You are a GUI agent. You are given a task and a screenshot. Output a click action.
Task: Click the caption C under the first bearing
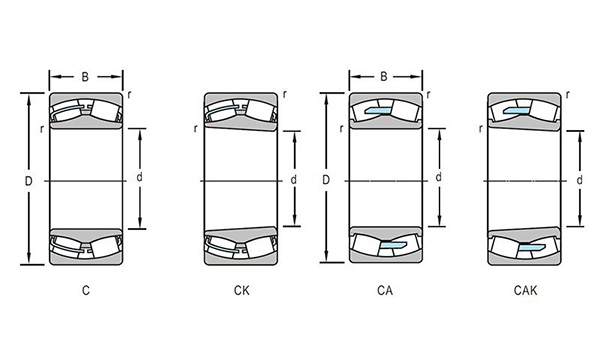pyautogui.click(x=86, y=290)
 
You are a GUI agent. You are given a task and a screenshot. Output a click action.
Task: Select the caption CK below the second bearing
pyautogui.click(x=241, y=290)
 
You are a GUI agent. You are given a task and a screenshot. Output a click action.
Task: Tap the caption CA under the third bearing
pyautogui.click(x=385, y=290)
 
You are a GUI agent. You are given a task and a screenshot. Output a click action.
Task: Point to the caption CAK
pyautogui.click(x=525, y=290)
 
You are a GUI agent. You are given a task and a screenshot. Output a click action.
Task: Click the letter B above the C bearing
pyautogui.click(x=85, y=77)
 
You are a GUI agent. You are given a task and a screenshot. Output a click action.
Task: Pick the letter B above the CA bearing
pyautogui.click(x=384, y=77)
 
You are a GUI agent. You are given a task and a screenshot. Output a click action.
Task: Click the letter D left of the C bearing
pyautogui.click(x=29, y=181)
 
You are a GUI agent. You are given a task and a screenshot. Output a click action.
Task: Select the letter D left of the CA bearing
pyautogui.click(x=326, y=179)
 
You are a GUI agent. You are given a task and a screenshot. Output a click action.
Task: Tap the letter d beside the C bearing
pyautogui.click(x=139, y=177)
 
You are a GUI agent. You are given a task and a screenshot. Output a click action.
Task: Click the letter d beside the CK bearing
pyautogui.click(x=293, y=179)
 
